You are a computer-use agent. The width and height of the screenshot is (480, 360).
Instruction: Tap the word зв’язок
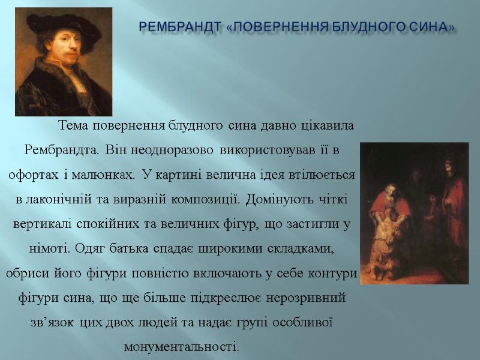(x=52, y=322)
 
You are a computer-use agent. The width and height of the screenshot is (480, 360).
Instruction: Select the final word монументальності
(x=181, y=347)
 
